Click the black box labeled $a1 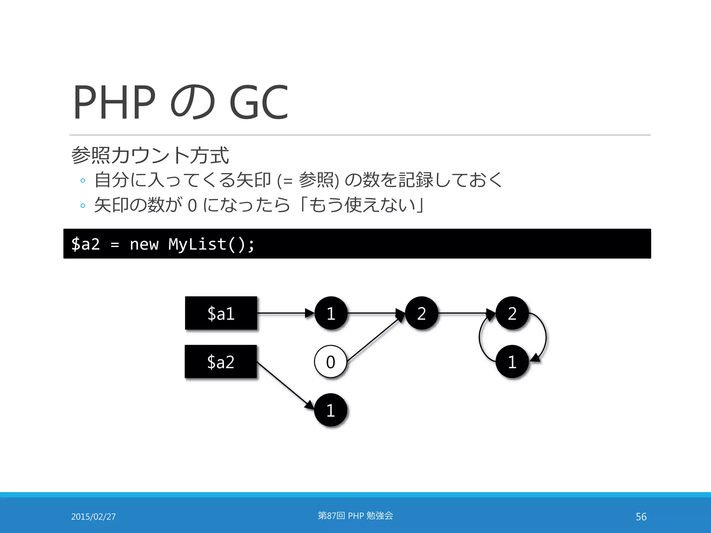[x=221, y=313]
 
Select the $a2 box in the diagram [x=221, y=362]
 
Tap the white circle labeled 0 [x=331, y=362]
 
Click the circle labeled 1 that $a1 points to [x=331, y=313]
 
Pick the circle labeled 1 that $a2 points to [x=331, y=410]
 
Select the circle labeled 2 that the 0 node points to [x=421, y=313]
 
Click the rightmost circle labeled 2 [x=512, y=313]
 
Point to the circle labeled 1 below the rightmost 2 [x=512, y=362]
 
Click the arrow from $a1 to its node [x=285, y=313]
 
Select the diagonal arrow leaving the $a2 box [x=285, y=385]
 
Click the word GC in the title [x=259, y=102]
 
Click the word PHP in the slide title [x=115, y=102]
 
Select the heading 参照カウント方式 [x=150, y=155]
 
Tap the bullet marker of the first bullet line [x=83, y=180]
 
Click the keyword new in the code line [x=144, y=244]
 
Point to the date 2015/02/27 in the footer [x=93, y=517]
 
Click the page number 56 [x=641, y=517]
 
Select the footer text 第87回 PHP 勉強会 [x=355, y=516]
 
